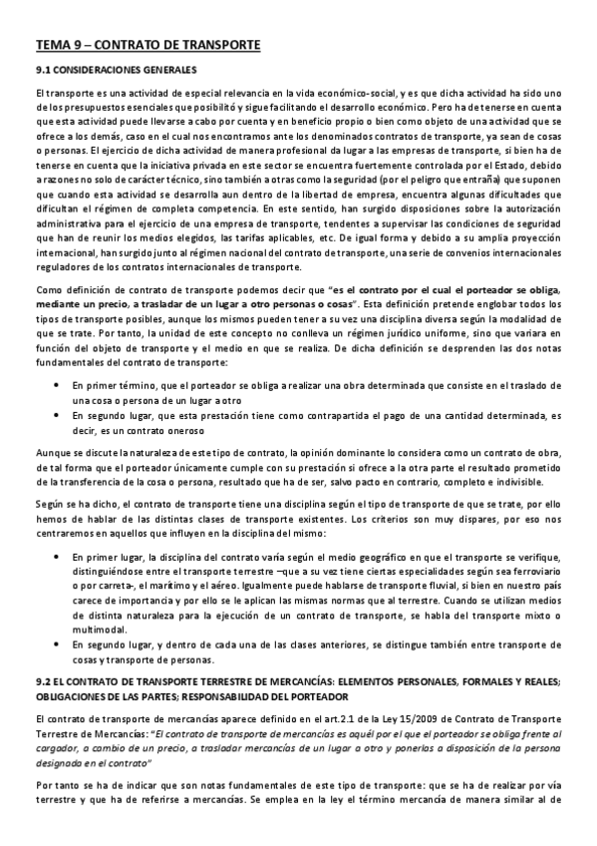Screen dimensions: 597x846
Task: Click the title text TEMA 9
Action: (x=60, y=46)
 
